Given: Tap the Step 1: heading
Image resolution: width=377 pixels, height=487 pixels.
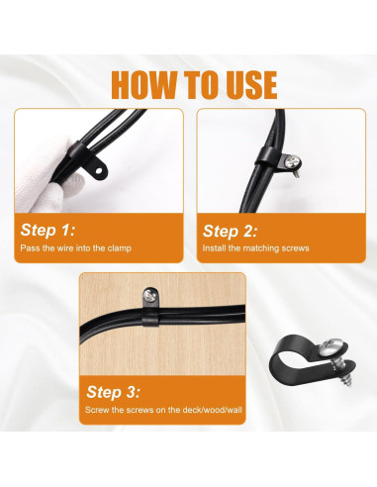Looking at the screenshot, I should point(46,229).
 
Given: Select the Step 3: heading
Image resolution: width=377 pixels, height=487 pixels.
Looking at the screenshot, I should point(114,392).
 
